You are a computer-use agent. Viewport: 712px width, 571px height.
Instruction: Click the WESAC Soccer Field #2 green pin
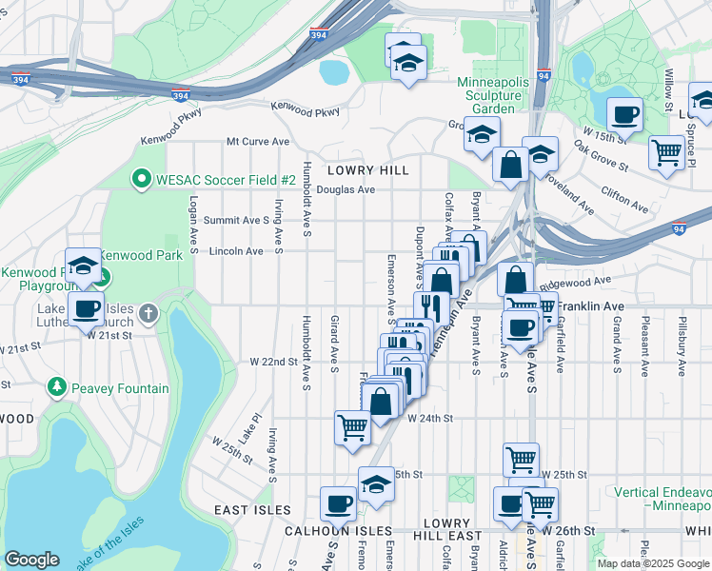click(142, 179)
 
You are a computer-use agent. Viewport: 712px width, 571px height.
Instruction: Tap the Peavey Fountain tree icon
click(56, 388)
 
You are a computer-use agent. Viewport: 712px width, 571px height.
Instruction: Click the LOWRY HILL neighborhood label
click(367, 170)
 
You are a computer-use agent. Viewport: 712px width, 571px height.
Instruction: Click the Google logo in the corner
click(31, 559)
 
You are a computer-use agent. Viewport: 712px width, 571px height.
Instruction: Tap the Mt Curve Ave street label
click(257, 142)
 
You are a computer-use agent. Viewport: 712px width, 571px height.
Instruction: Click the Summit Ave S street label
click(237, 220)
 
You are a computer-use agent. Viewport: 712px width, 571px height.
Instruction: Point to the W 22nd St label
click(273, 362)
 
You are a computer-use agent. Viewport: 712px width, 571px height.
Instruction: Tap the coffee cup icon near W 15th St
click(624, 116)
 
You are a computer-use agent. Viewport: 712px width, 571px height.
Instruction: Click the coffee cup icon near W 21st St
click(86, 308)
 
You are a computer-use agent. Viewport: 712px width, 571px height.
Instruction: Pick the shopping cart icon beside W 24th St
click(352, 426)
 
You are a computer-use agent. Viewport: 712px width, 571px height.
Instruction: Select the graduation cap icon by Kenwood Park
click(83, 266)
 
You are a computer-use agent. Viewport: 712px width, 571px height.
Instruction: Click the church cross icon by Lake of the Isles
click(148, 313)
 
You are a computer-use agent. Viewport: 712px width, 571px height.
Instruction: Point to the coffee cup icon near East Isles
click(338, 503)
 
